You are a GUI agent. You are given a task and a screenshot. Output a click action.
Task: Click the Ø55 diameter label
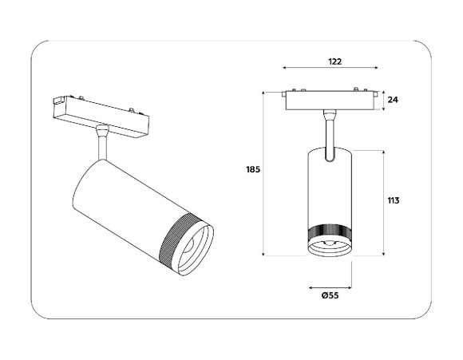[330, 296]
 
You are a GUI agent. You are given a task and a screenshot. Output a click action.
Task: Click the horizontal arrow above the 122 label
[330, 70]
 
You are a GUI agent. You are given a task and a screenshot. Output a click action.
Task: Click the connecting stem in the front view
[329, 132]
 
